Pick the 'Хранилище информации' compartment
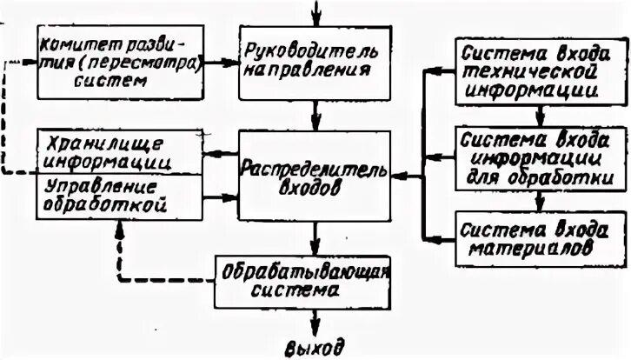click(x=117, y=150)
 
